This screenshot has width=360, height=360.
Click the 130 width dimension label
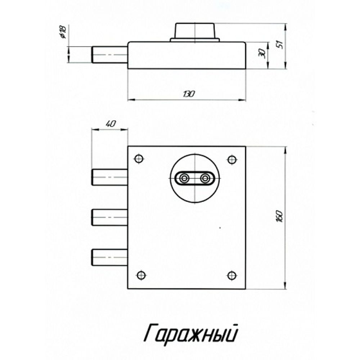pyautogui.click(x=189, y=94)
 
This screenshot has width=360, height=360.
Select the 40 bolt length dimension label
pyautogui.click(x=111, y=124)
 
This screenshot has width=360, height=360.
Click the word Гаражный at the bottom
pyautogui.click(x=191, y=333)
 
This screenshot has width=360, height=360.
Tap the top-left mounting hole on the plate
pyautogui.click(x=139, y=159)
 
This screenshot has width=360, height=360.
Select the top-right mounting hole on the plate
pyautogui.click(x=232, y=159)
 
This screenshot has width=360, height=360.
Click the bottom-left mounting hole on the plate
pyautogui.click(x=141, y=275)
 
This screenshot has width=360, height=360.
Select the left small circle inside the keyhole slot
pyautogui.click(x=185, y=178)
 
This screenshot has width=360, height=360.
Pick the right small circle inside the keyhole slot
pyautogui.click(x=205, y=178)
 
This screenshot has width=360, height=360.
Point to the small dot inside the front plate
pyautogui.click(x=220, y=228)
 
